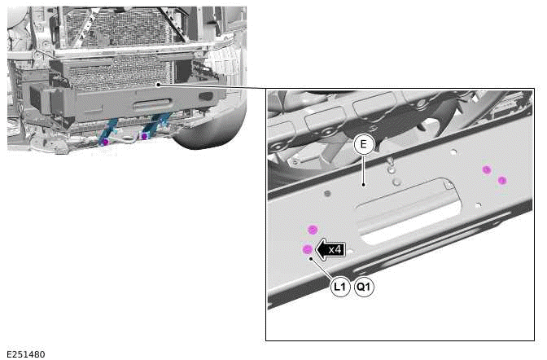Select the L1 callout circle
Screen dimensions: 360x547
[x=340, y=287]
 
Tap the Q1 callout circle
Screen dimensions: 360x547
[x=364, y=287]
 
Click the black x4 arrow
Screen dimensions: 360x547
[x=330, y=249]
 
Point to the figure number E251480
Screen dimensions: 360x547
[x=25, y=354]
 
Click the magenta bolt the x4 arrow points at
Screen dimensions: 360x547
[x=306, y=249]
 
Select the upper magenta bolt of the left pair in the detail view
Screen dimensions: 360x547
[x=311, y=230]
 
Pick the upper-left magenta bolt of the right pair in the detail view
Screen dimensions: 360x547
[x=487, y=169]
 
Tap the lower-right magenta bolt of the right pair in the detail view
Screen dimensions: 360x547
[x=502, y=179]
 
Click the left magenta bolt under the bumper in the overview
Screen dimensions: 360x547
[x=105, y=142]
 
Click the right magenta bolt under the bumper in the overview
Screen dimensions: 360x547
[x=144, y=136]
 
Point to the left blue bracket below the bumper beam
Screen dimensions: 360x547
[x=110, y=128]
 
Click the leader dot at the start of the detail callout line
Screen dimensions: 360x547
[x=156, y=84]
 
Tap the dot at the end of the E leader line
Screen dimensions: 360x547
[x=364, y=184]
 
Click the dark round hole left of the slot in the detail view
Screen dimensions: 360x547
[x=327, y=194]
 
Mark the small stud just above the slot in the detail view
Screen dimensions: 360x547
[x=396, y=182]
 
